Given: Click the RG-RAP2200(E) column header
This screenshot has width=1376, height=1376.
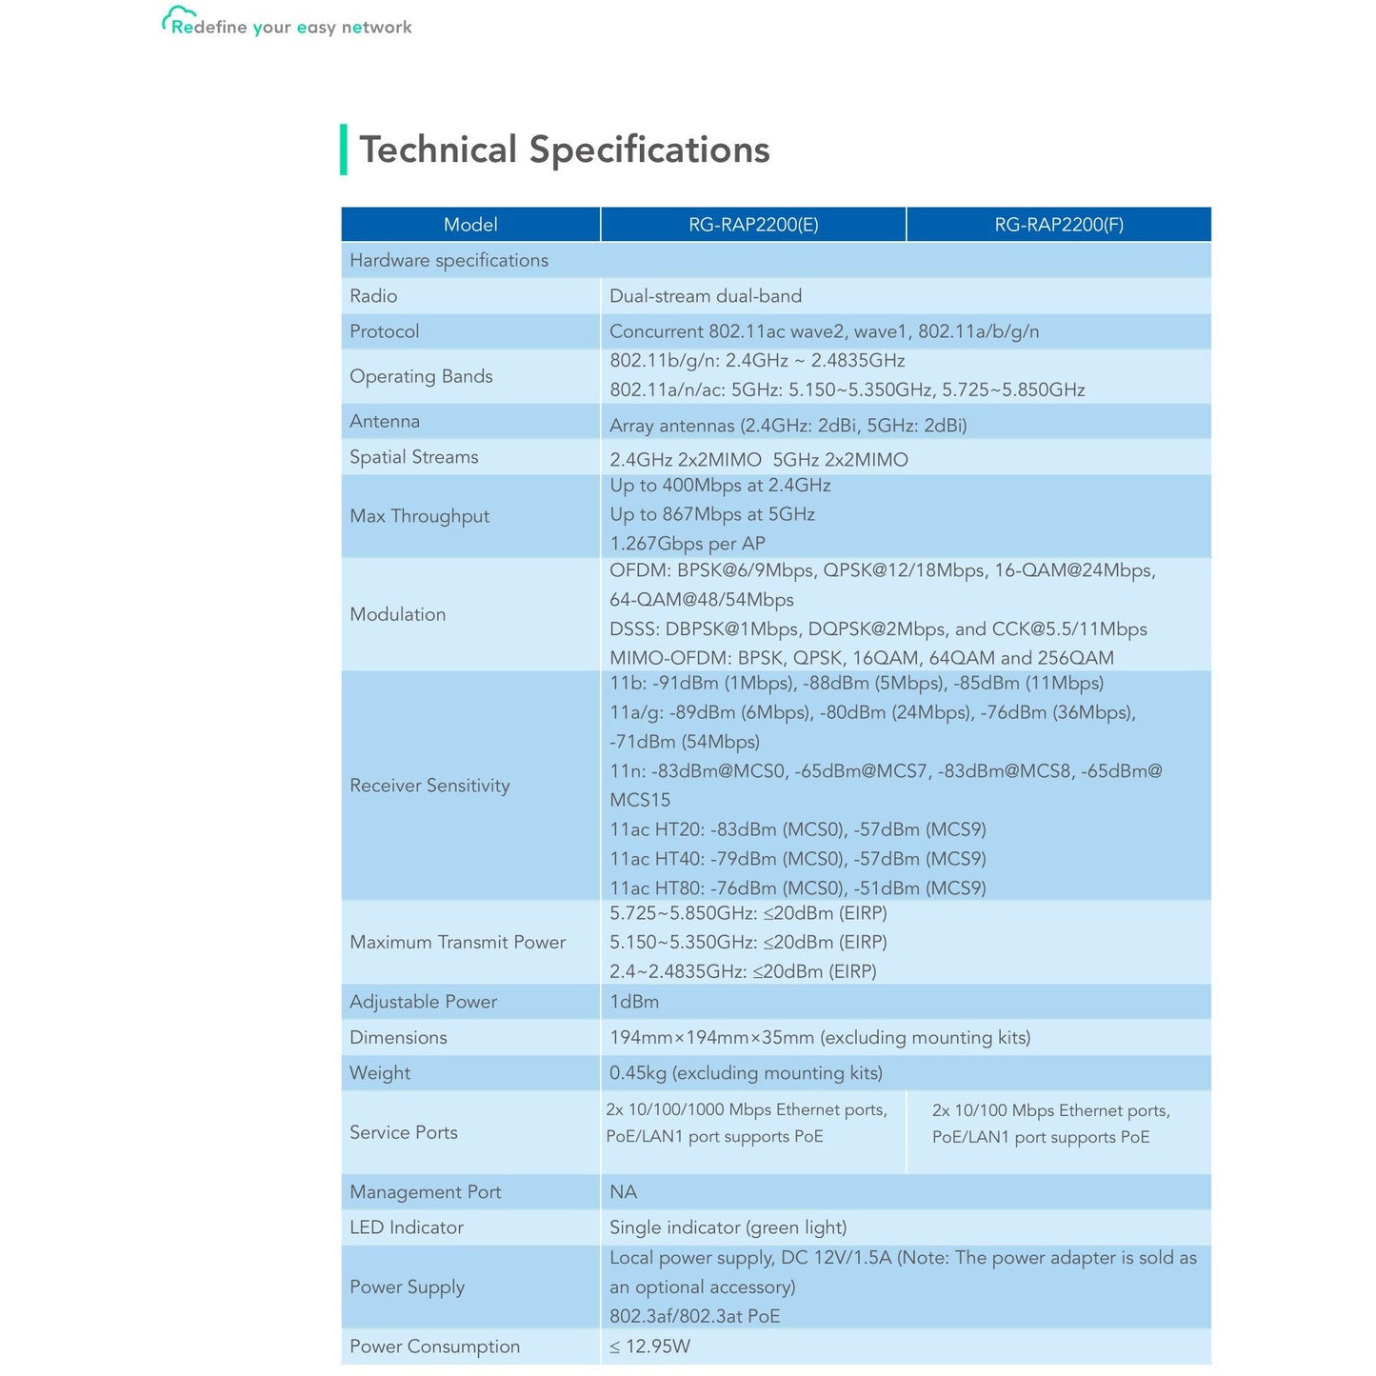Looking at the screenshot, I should [753, 225].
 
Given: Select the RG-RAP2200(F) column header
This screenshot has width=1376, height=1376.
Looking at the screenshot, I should [1059, 225].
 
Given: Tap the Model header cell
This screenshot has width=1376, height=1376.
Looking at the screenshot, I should [470, 225].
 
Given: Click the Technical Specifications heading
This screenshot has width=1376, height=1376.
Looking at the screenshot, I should [564, 150].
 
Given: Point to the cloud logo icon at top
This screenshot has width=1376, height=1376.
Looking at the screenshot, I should [177, 18].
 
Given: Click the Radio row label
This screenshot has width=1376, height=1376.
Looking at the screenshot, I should [373, 296].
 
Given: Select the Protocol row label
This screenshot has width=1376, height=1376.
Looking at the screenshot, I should [384, 331].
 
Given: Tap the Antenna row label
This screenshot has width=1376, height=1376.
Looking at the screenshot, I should [384, 421].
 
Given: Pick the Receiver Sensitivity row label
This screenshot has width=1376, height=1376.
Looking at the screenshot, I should [429, 786].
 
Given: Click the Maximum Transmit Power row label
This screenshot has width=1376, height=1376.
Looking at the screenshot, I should [457, 942].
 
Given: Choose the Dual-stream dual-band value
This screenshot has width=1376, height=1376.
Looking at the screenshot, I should [706, 296].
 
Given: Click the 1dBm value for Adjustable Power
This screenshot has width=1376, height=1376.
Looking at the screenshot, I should [634, 1002].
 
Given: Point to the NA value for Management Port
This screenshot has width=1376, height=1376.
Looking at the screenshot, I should [623, 1192].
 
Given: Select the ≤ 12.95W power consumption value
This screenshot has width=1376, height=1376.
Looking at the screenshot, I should [649, 1346].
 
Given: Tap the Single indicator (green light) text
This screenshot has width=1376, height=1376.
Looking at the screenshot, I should [728, 1227].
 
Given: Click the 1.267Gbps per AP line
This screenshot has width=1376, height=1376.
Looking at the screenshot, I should [687, 544].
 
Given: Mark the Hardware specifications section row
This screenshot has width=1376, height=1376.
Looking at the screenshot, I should [449, 260].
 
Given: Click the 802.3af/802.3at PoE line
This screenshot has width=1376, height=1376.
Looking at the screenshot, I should [694, 1316].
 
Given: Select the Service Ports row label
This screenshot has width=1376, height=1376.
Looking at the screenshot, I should [403, 1132].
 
